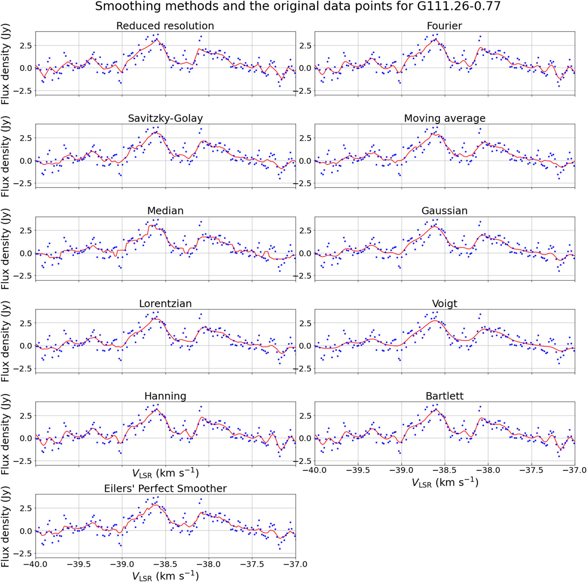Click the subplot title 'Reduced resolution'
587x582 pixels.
tap(165, 26)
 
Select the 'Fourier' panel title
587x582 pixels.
tap(444, 26)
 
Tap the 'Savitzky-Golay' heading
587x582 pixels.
tap(165, 118)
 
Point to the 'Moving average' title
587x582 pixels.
tap(444, 118)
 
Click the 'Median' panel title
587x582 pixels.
tap(165, 211)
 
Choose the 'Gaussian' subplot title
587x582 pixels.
tap(444, 211)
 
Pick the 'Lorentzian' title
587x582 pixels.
tap(165, 304)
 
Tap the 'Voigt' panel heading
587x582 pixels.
tap(444, 304)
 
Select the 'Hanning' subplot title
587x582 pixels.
tap(165, 396)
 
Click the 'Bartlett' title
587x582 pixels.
tap(444, 396)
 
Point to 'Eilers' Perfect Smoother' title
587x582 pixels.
tap(165, 489)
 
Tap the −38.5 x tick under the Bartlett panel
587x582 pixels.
tap(445, 470)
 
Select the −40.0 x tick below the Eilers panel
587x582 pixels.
tap(36, 564)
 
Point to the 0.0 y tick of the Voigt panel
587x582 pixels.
tap(305, 346)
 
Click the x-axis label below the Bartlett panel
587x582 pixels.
tap(444, 482)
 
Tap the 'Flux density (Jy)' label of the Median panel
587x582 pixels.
tap(5, 249)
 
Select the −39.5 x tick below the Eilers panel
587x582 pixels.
tap(79, 564)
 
